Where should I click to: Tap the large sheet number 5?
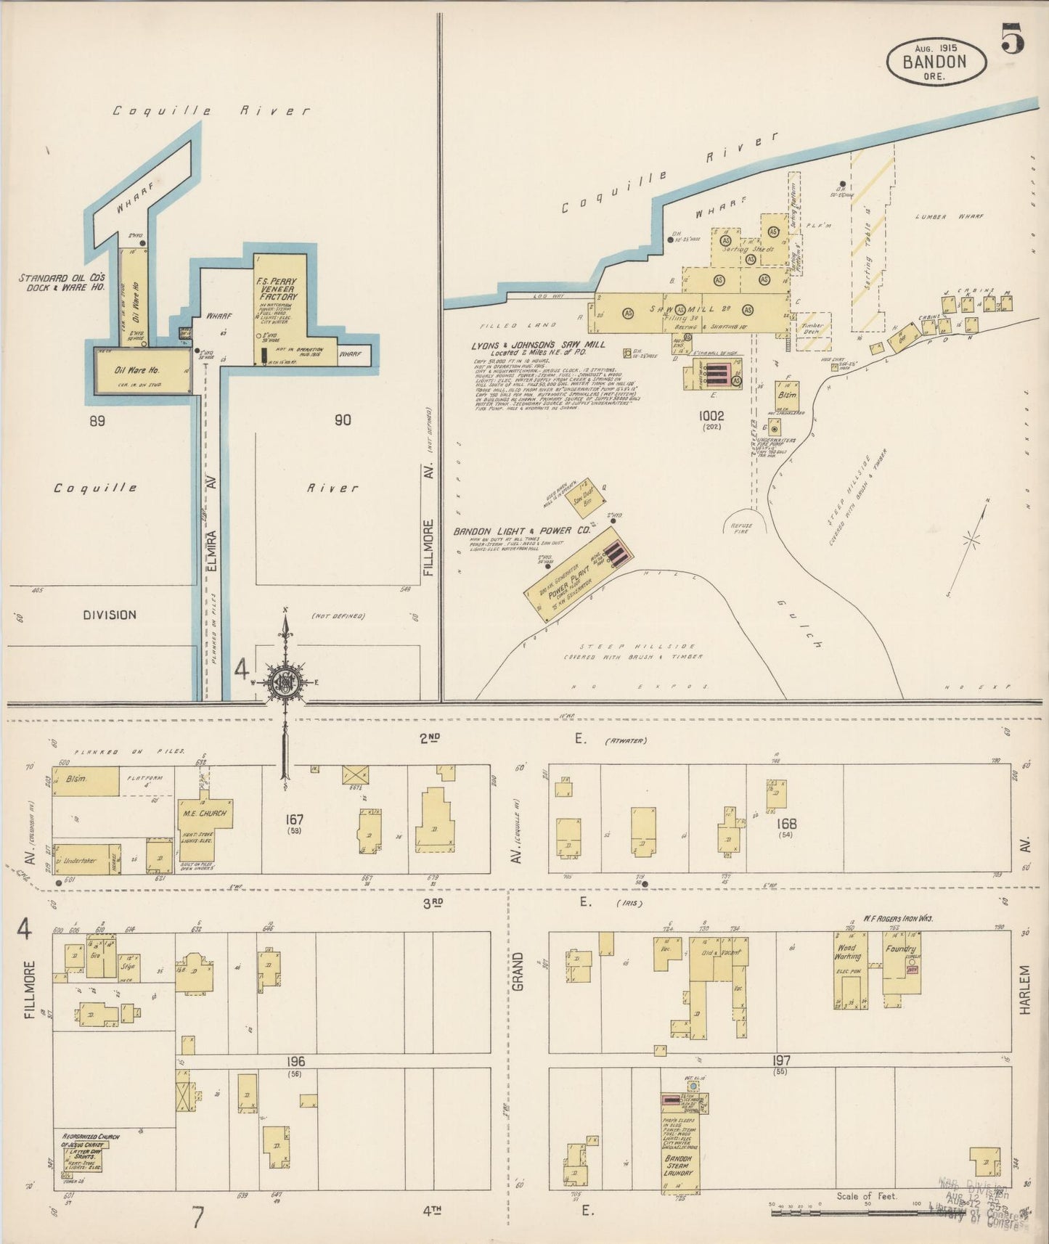(1013, 38)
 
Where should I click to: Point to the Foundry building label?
(901, 949)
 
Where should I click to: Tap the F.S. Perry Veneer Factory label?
(277, 288)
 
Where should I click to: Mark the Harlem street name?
(1024, 988)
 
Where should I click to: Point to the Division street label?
(109, 615)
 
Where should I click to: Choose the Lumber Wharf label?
(942, 216)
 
